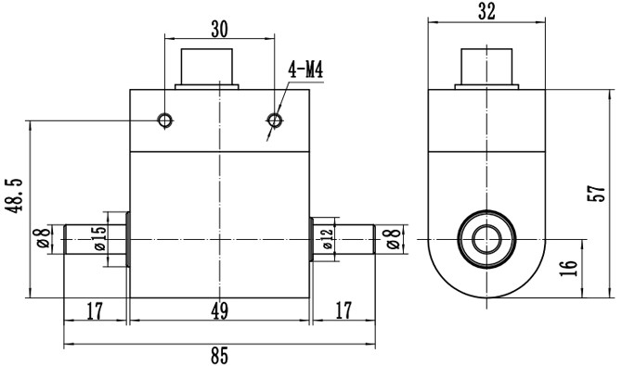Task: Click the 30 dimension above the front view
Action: coord(219,29)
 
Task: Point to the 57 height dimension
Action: coord(601,193)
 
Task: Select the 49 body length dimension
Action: coord(219,312)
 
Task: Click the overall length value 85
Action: coord(219,356)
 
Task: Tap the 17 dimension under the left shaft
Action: coord(95,312)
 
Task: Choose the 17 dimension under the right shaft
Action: coord(343,312)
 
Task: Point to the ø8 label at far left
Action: coord(43,240)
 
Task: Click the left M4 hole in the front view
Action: coord(165,121)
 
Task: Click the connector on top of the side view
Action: coord(488,67)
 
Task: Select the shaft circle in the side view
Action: coord(486,238)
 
